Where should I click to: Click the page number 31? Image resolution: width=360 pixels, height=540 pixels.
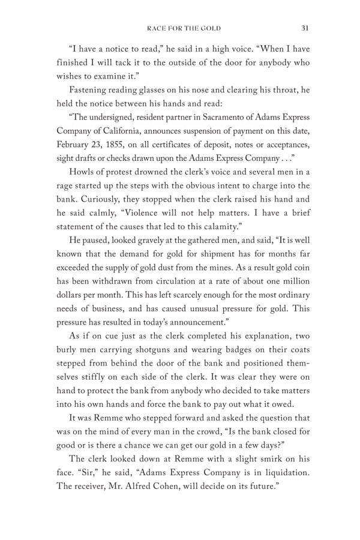[x=305, y=27]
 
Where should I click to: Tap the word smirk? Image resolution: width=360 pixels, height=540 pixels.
[x=264, y=494]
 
